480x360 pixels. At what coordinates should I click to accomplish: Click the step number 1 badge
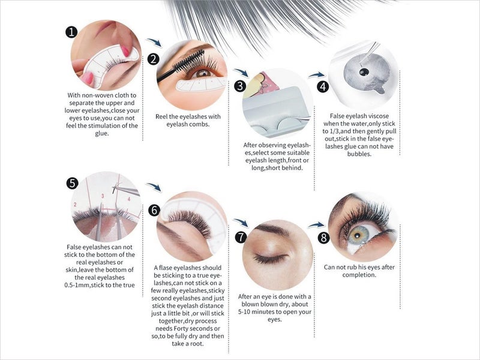(73, 32)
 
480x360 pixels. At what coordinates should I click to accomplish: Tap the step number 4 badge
(323, 86)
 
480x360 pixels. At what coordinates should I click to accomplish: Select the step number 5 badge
(73, 183)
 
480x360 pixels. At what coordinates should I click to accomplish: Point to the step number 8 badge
(324, 238)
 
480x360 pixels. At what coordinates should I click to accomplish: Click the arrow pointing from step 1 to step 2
(154, 43)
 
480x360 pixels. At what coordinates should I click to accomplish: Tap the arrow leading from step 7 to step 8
(316, 225)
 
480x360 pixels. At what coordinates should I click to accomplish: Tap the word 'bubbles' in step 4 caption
(359, 154)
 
